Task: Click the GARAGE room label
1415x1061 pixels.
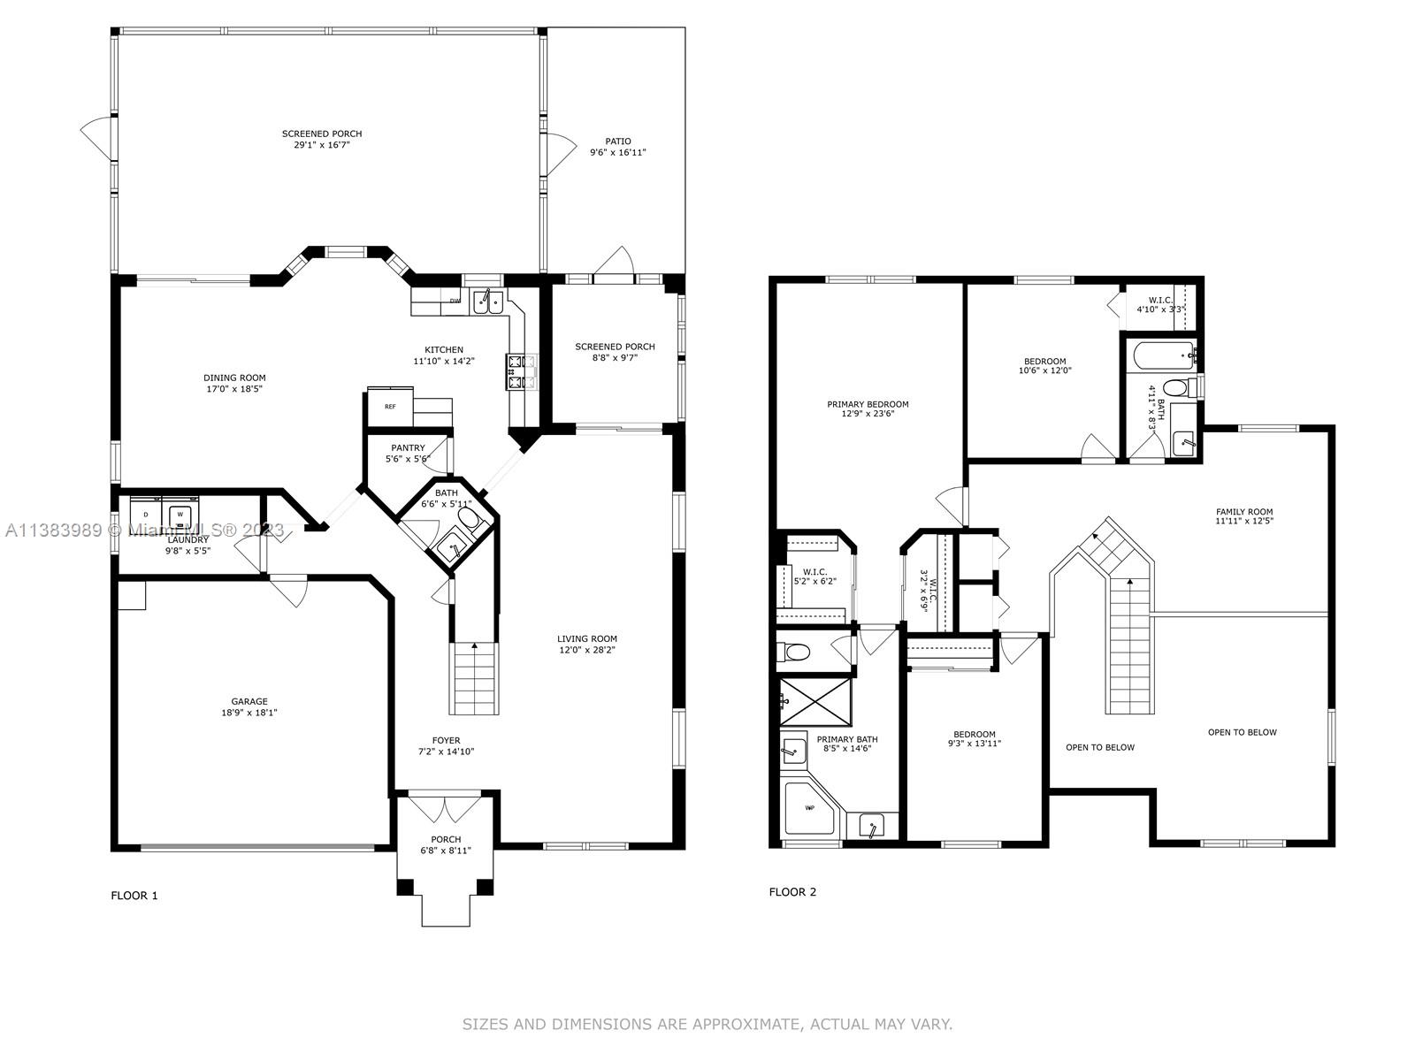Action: (x=249, y=701)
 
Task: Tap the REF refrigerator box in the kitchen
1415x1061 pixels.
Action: (x=390, y=407)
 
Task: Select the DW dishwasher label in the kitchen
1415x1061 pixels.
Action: (x=455, y=301)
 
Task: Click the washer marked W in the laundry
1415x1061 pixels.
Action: (x=180, y=514)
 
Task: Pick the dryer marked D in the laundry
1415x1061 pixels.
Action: (x=146, y=514)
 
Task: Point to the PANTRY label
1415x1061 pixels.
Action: (x=408, y=447)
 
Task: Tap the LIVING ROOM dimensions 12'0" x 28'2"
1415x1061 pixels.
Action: (x=586, y=649)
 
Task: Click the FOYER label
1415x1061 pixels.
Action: (x=446, y=740)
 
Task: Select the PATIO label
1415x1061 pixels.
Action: (x=617, y=141)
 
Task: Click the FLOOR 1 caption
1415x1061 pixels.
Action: (x=134, y=896)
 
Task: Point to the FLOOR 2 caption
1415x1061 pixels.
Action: (x=792, y=892)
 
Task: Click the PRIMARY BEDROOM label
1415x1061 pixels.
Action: (x=868, y=404)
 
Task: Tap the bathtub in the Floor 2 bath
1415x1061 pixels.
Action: (x=1165, y=355)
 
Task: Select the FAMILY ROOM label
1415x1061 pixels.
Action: (x=1244, y=512)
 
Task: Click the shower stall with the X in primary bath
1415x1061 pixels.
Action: (x=815, y=701)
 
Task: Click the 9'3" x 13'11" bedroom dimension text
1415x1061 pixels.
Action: (x=974, y=744)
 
